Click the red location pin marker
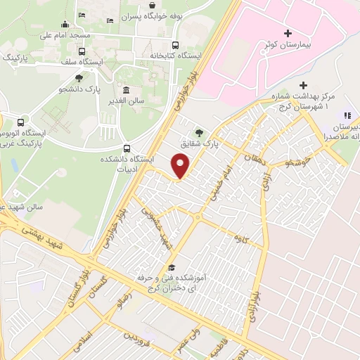click(181, 165)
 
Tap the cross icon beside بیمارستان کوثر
click(287, 33)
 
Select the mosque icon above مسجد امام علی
click(65, 25)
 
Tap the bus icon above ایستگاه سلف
click(82, 52)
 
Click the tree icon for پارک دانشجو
click(78, 79)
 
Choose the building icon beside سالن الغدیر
click(125, 91)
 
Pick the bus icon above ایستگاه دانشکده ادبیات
click(127, 148)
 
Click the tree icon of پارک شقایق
click(200, 131)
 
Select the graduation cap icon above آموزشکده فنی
click(171, 268)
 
